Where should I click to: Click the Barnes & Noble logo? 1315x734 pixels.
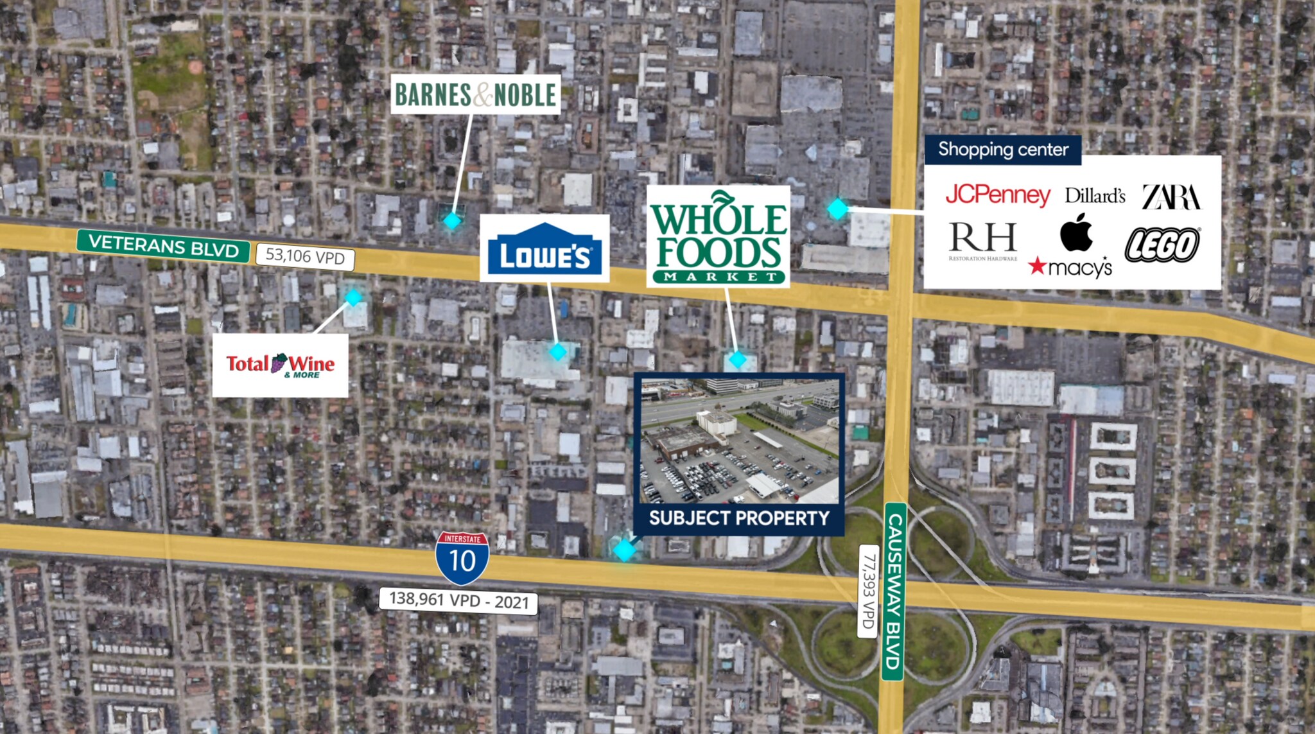(475, 94)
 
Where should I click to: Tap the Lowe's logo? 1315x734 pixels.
(544, 249)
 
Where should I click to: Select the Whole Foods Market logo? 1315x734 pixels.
(718, 236)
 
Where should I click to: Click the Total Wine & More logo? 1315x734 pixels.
(281, 365)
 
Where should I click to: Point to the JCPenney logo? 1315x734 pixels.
(997, 195)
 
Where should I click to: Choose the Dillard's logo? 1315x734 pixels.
(1095, 195)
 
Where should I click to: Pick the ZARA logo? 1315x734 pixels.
(1171, 197)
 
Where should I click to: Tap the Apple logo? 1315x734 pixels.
(1076, 232)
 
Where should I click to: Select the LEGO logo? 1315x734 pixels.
(1162, 245)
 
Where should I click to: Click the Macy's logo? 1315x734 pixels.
(1070, 267)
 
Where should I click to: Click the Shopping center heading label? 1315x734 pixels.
(1003, 150)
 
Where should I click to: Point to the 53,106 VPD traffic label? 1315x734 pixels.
(305, 256)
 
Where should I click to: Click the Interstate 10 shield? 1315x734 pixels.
(462, 557)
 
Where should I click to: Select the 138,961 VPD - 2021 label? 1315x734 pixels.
(458, 600)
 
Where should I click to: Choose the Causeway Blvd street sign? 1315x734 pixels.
(894, 591)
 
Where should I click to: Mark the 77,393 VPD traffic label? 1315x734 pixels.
(868, 591)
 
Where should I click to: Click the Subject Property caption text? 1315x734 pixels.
(738, 518)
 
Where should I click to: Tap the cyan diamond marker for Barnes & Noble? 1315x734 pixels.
(453, 221)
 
